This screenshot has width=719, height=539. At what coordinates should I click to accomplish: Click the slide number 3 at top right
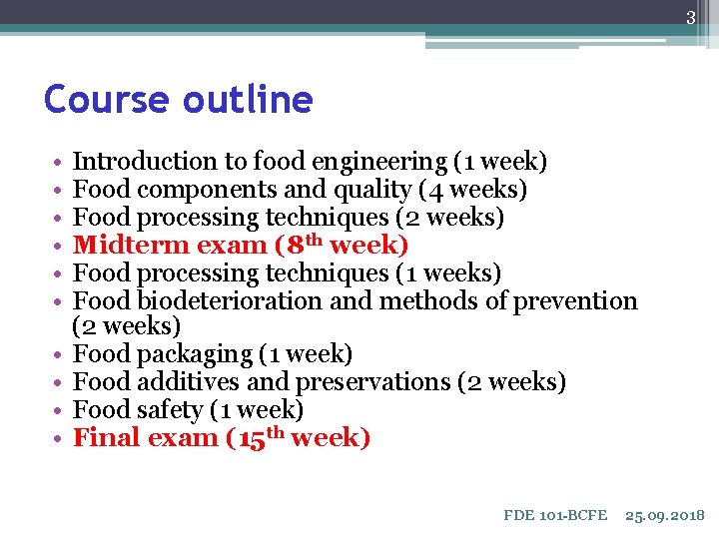(x=689, y=18)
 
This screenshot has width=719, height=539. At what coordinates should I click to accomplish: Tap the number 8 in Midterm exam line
(x=292, y=245)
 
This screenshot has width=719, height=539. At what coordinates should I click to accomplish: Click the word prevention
(x=574, y=300)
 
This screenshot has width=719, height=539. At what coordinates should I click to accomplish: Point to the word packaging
(x=191, y=354)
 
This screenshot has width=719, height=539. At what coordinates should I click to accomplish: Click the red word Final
(x=110, y=438)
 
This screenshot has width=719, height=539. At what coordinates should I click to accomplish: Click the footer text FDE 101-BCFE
(x=555, y=515)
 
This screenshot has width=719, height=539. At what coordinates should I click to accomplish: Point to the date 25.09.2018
(x=664, y=515)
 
